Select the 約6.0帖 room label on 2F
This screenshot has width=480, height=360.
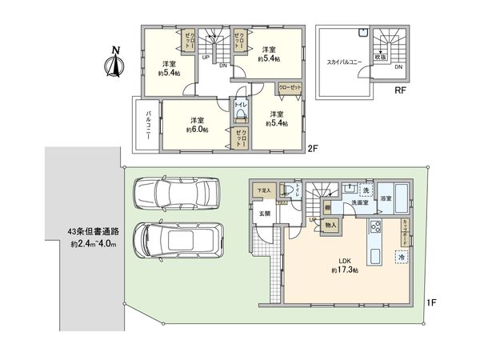tap(196, 124)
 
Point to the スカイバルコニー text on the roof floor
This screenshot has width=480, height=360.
tap(345, 60)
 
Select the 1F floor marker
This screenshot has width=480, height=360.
tap(430, 302)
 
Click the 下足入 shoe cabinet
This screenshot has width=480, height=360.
tap(263, 190)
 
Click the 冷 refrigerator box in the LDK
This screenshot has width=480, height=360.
tap(401, 257)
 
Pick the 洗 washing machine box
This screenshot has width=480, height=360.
tap(365, 190)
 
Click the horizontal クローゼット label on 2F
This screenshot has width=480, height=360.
tap(290, 87)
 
